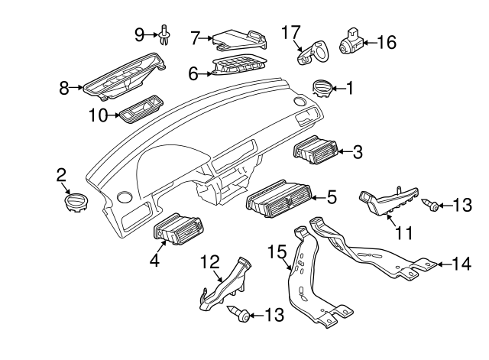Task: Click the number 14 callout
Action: [x=461, y=264]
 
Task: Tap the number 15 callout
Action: [x=276, y=250]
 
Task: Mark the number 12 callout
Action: [x=209, y=262]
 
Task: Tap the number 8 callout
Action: [x=65, y=88]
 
